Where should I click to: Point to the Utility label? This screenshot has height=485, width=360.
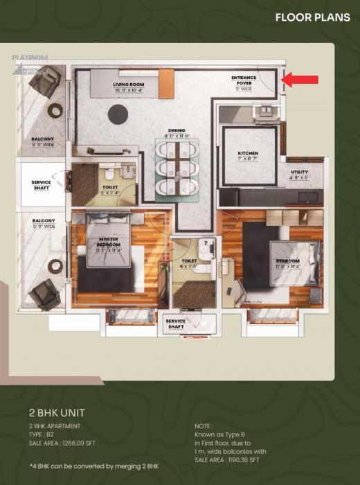(299, 174)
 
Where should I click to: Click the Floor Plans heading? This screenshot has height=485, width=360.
(312, 17)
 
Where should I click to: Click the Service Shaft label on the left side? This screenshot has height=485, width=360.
(42, 185)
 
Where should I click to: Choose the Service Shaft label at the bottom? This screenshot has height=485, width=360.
(176, 324)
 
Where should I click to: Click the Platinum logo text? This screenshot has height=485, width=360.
(30, 58)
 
